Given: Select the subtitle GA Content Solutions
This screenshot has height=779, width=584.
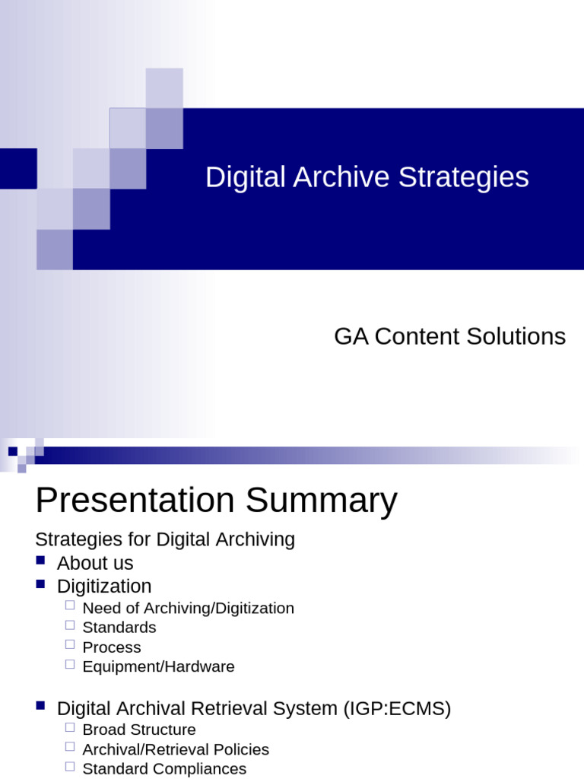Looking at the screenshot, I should [x=449, y=336].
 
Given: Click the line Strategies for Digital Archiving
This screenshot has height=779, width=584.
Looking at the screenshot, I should [x=165, y=539].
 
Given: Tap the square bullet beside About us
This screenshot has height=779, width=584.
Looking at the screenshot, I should [x=41, y=561].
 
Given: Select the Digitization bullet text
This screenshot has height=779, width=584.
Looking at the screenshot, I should [x=104, y=587].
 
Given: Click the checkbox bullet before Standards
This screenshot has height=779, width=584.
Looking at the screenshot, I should [x=70, y=625].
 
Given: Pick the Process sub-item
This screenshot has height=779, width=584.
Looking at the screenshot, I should [x=111, y=647].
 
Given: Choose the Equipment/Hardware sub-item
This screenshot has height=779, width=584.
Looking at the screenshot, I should [x=158, y=667].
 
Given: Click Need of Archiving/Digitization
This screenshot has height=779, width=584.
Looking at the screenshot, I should [x=188, y=608].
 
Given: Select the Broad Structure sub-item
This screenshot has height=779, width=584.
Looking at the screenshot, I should [x=138, y=730].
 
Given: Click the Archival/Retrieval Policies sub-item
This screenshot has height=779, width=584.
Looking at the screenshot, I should [x=176, y=749].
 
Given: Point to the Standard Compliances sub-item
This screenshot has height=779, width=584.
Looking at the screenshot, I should [x=164, y=769].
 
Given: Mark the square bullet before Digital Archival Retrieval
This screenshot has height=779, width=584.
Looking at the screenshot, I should [x=41, y=707].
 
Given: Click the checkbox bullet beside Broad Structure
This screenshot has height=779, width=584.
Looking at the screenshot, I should [x=70, y=727].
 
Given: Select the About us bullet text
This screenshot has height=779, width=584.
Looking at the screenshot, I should [x=95, y=563].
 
